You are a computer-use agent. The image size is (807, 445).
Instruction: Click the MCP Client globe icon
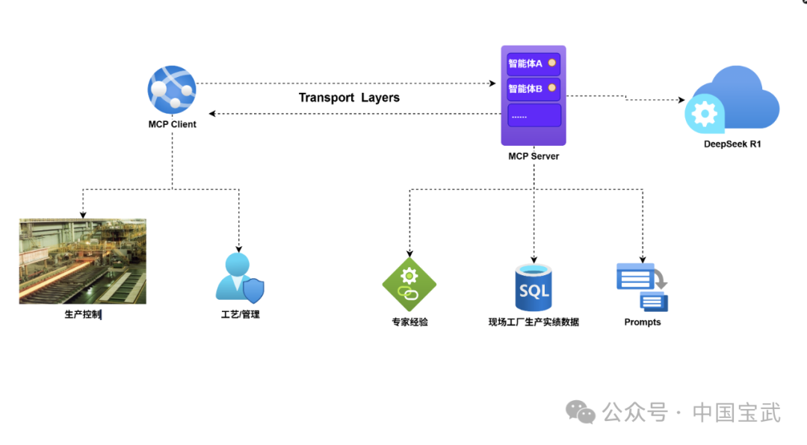[x=172, y=90]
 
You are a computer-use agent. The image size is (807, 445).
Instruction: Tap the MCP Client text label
[x=172, y=124]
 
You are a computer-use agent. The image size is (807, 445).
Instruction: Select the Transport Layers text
[x=349, y=98]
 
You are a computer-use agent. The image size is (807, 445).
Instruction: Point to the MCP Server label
[x=534, y=156]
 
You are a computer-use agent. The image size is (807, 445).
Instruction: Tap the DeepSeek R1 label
[x=732, y=144]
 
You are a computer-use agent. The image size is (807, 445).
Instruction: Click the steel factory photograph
[x=83, y=261]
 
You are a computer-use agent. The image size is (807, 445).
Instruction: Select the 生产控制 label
[x=82, y=315]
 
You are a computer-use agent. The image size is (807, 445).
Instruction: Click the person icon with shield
[x=239, y=277]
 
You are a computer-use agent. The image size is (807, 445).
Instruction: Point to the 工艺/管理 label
[x=240, y=315]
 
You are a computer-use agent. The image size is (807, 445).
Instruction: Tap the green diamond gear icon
[x=409, y=283]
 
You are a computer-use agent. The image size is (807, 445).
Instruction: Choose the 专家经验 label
[x=409, y=322]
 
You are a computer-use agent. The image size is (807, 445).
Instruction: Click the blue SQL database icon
[x=534, y=287]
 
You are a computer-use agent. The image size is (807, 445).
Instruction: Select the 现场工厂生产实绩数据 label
[x=534, y=322]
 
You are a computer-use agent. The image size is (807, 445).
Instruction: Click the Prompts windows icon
[x=642, y=286]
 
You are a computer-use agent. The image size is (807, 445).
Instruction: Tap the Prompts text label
[x=643, y=322]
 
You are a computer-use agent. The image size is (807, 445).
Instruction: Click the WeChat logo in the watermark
[x=581, y=412]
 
